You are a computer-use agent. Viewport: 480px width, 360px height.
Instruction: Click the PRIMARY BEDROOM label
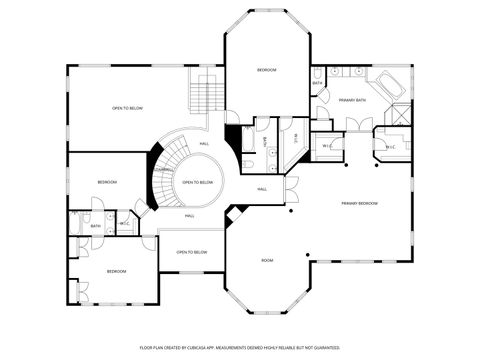(x=359, y=203)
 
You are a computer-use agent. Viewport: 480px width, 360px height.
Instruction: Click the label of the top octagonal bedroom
(x=266, y=70)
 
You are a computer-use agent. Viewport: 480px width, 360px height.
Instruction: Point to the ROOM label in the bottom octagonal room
(x=267, y=260)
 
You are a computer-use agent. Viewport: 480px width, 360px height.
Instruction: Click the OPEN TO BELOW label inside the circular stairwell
(x=197, y=182)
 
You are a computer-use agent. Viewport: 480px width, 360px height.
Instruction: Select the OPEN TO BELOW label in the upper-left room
(x=127, y=107)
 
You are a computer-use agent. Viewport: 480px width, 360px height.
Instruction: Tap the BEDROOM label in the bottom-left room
(x=117, y=271)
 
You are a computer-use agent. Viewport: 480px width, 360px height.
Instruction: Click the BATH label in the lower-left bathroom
(x=96, y=226)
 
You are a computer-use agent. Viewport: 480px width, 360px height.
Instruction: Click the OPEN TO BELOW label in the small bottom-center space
(x=191, y=252)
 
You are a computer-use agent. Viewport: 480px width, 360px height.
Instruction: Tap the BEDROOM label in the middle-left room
(x=107, y=182)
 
